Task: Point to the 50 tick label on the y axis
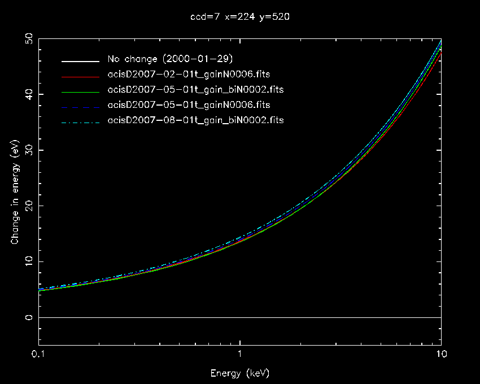tap(28, 39)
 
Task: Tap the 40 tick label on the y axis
tap(28, 94)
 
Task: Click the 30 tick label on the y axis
tap(28, 150)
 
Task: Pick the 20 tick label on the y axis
tap(28, 206)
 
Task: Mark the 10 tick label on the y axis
tap(28, 262)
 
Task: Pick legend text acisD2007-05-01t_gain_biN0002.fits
tap(195, 90)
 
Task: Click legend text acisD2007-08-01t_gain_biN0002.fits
tap(195, 120)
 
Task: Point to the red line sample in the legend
tap(81, 75)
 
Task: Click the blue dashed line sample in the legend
tap(81, 106)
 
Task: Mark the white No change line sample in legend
tap(81, 60)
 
